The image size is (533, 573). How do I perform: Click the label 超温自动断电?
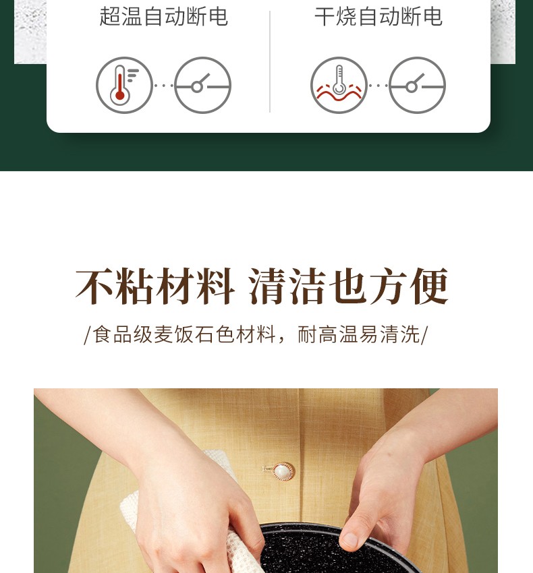coord(163,16)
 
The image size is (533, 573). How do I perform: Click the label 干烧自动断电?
coord(378,16)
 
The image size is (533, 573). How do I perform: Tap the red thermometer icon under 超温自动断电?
coord(124,85)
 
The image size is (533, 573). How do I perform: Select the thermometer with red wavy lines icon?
coord(339,85)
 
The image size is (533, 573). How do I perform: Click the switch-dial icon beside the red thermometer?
coord(202,85)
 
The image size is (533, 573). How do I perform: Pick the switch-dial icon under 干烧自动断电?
coord(417,85)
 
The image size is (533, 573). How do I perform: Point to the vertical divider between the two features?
coord(270,61)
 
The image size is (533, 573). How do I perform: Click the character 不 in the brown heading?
coord(94,286)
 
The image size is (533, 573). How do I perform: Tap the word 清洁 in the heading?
coord(288,286)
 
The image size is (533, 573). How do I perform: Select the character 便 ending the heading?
coord(429,286)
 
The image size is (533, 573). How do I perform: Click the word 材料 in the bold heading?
coord(195,286)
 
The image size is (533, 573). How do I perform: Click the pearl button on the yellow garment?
coord(283,472)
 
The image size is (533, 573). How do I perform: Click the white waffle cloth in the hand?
coord(190,519)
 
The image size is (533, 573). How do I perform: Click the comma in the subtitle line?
coord(282,340)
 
